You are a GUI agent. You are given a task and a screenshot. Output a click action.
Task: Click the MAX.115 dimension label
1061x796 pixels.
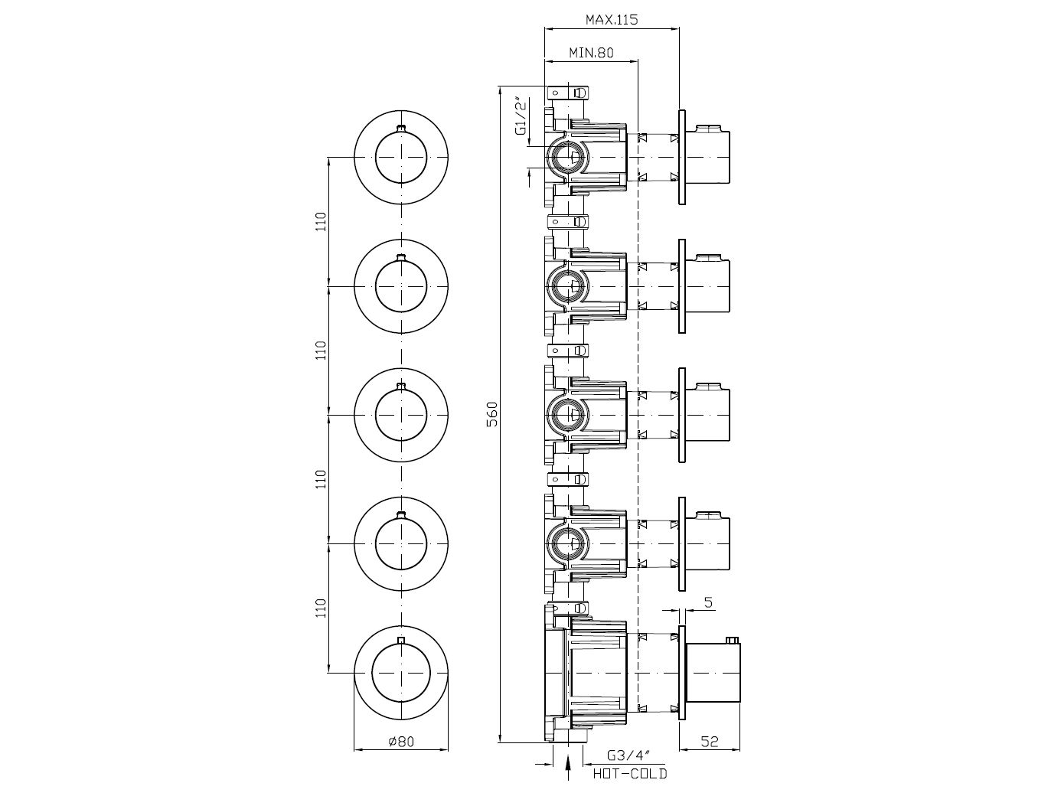pyautogui.click(x=612, y=19)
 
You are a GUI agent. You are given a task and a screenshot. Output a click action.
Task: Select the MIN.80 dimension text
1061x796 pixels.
pyautogui.click(x=591, y=53)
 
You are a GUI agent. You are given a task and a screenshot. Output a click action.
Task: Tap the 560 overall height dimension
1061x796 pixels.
pyautogui.click(x=493, y=413)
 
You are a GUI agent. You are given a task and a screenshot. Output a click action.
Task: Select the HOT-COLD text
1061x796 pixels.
pyautogui.click(x=630, y=774)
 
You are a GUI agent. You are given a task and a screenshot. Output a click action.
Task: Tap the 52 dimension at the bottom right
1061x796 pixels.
pyautogui.click(x=710, y=740)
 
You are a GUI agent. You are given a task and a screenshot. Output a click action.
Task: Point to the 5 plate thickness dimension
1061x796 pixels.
pyautogui.click(x=708, y=602)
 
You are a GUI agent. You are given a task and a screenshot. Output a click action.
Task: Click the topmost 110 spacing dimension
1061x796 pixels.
pyautogui.click(x=322, y=221)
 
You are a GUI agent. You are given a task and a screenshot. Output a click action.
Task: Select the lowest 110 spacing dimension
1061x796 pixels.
pyautogui.click(x=322, y=608)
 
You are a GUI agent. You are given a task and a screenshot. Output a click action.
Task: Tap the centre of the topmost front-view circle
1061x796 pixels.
pyautogui.click(x=401, y=157)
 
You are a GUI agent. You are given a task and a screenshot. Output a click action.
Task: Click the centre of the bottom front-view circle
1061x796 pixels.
pyautogui.click(x=401, y=673)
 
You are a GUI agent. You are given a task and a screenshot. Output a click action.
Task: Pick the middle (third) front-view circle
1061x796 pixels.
pyautogui.click(x=401, y=414)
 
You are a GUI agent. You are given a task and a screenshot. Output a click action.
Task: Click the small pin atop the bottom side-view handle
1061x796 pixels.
pyautogui.click(x=733, y=639)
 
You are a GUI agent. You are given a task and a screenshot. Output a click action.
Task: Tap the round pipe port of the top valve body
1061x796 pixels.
pyautogui.click(x=567, y=158)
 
